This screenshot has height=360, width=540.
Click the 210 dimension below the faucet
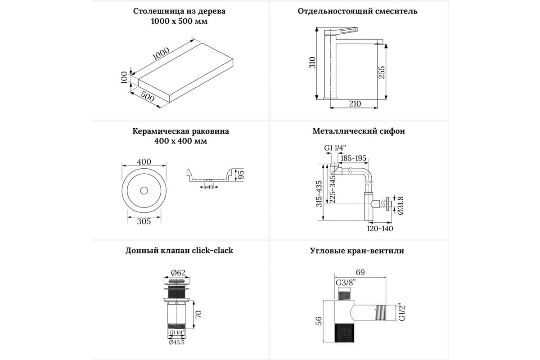[x=355, y=104]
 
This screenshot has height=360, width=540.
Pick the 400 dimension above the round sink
[x=144, y=162]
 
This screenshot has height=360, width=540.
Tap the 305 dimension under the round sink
[x=144, y=221]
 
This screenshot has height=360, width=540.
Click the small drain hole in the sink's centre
[x=144, y=191]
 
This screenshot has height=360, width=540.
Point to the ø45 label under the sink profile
[x=209, y=187]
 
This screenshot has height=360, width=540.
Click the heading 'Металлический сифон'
[x=359, y=131]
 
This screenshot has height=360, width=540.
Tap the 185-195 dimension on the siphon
[x=353, y=158]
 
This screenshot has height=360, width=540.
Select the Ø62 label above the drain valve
[x=178, y=272]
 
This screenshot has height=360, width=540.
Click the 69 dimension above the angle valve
[x=360, y=272]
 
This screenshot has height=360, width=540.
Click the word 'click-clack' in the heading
[x=213, y=251]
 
